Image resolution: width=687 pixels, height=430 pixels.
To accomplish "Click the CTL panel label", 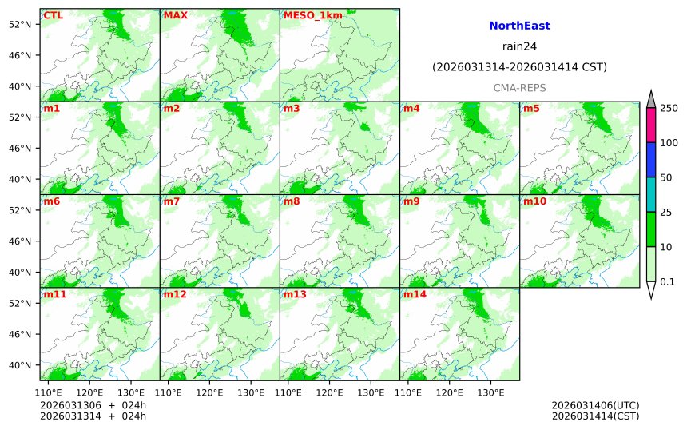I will (x=53, y=15).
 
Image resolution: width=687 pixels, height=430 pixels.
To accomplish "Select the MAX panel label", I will (x=175, y=15).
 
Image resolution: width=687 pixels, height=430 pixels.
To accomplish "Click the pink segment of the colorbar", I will (x=651, y=125).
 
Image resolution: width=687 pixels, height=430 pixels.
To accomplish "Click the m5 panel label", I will (x=531, y=108).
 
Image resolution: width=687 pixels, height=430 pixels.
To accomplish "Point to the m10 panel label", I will (x=534, y=201).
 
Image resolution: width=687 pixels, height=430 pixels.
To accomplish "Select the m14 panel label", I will (x=415, y=294).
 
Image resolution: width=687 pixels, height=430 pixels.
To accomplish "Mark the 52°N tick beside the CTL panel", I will (x=19, y=24).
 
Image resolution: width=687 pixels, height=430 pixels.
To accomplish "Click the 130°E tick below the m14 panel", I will (x=490, y=392).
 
